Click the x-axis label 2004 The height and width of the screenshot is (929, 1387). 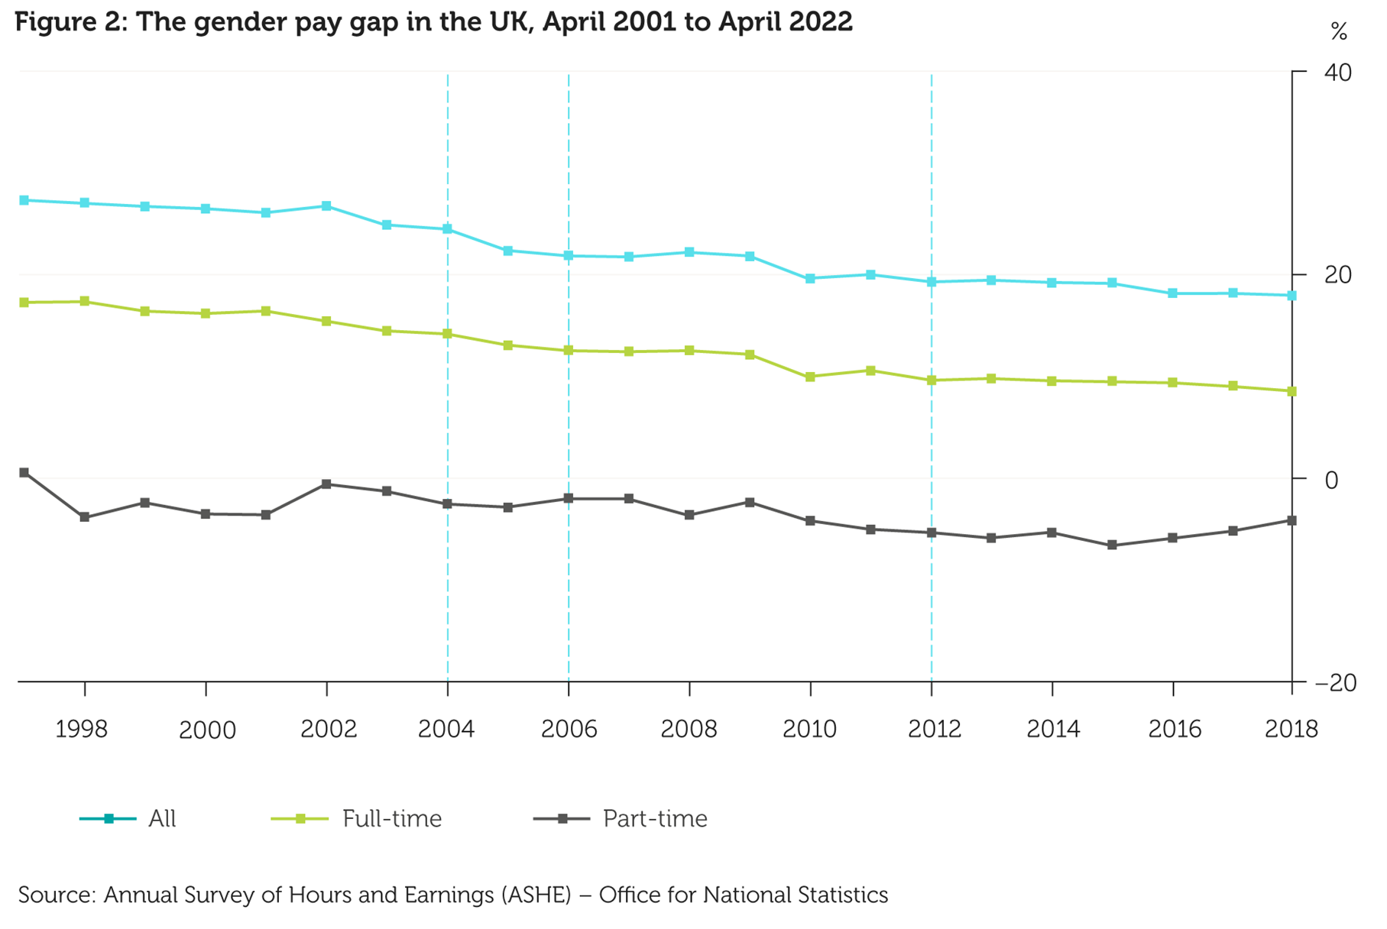[446, 729]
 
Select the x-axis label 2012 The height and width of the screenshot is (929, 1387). [934, 729]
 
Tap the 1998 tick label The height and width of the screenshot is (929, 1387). [81, 729]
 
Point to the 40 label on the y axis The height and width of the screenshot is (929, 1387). [1337, 73]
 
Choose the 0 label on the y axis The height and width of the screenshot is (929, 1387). [1332, 480]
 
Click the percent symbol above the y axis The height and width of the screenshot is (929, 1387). [1339, 31]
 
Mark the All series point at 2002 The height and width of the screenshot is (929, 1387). [326, 206]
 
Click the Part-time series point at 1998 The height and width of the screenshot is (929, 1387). [84, 517]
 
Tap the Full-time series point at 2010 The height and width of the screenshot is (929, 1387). [810, 377]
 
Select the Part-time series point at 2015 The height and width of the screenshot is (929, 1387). [1112, 545]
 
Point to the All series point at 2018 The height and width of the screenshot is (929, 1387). [1291, 296]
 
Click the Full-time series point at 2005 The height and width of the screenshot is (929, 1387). [508, 345]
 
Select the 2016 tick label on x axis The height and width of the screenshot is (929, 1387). [1175, 729]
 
